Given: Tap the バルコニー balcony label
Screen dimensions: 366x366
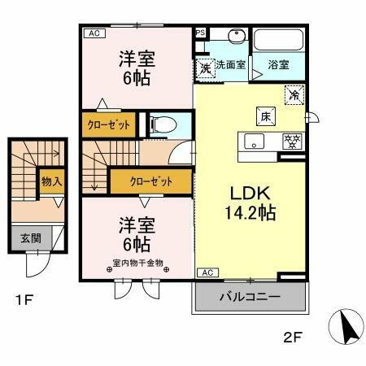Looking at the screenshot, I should (250, 298).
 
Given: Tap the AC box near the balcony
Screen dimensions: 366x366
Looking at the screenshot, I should (206, 272).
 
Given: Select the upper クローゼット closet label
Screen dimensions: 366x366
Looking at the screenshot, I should (108, 126).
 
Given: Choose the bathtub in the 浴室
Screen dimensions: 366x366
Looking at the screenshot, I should (278, 41).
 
